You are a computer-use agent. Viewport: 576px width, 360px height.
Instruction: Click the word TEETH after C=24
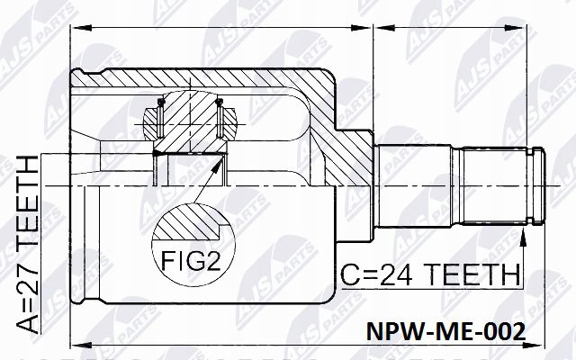[473, 272]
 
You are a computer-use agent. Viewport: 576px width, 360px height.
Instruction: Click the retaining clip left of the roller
[150, 116]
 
